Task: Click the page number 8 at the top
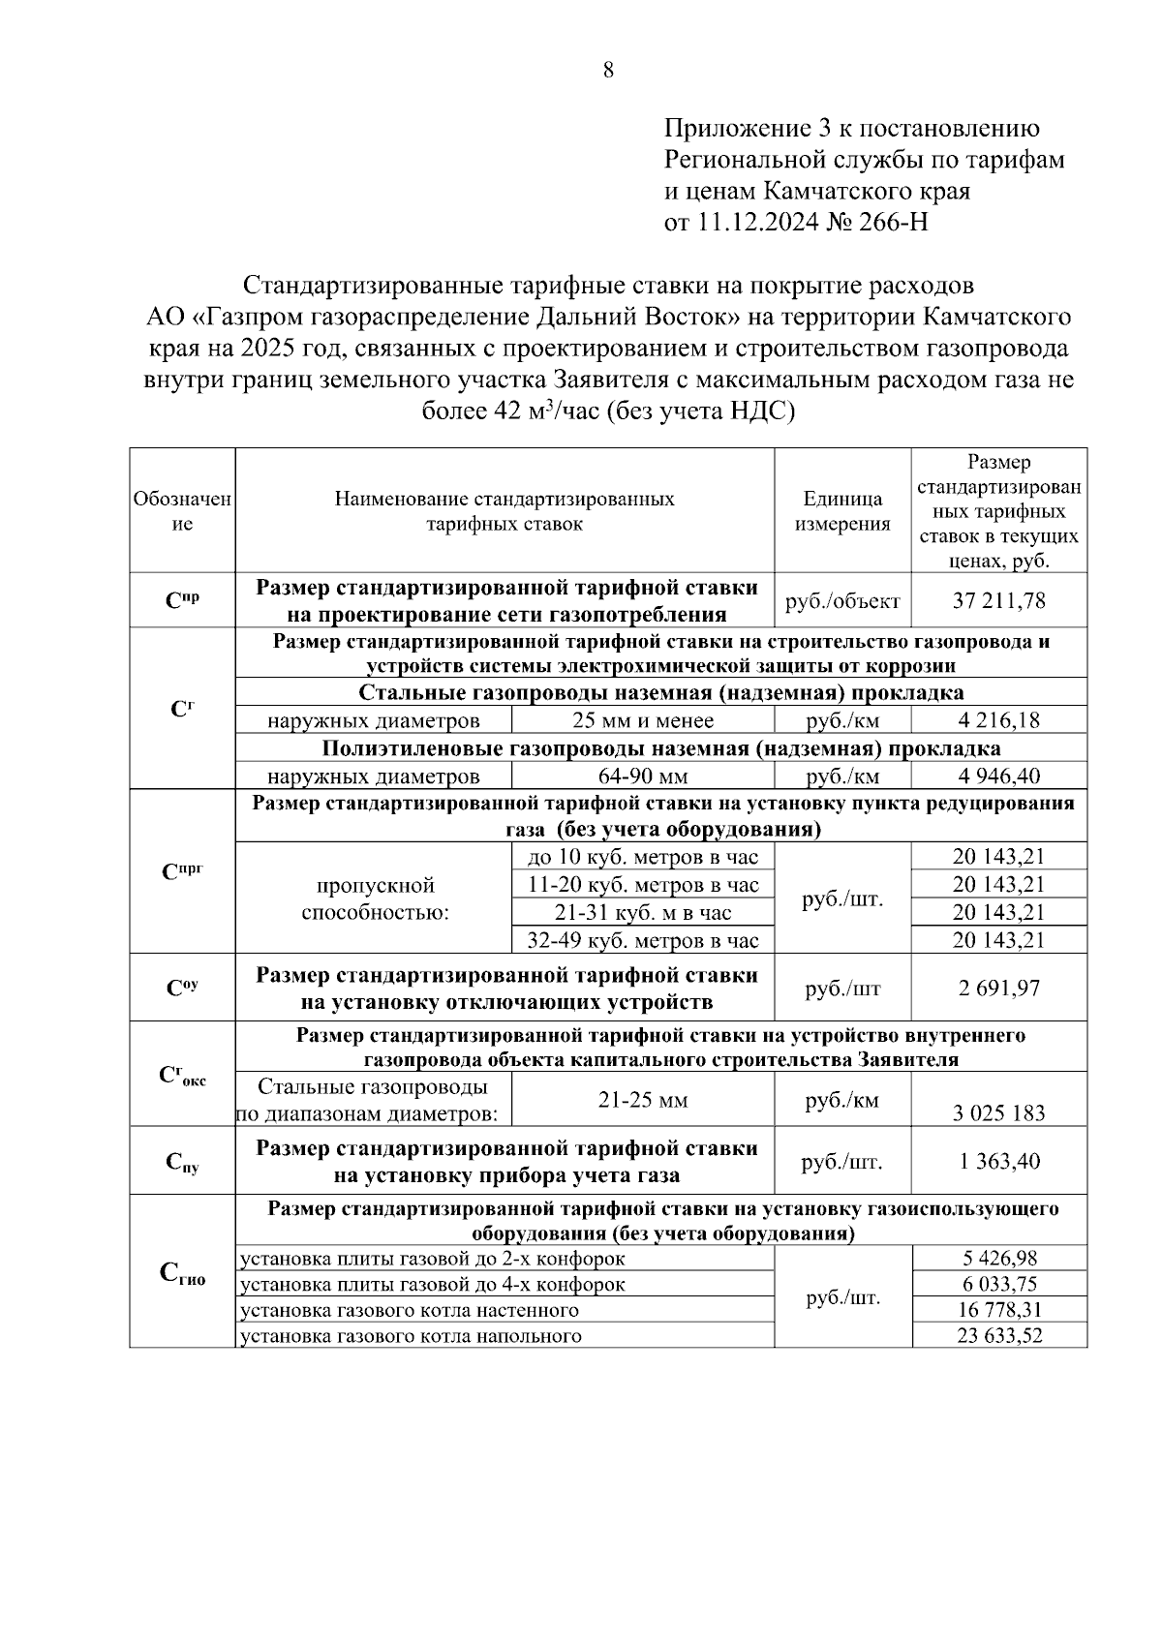(x=608, y=70)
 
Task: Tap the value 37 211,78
(x=998, y=601)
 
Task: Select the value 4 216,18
(x=998, y=721)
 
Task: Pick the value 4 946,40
(x=998, y=776)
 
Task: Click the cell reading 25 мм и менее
(x=642, y=721)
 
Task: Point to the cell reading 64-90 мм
(x=642, y=776)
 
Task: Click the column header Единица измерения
(x=842, y=511)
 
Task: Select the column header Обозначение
(x=182, y=511)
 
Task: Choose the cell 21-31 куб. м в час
(x=642, y=913)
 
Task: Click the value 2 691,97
(x=998, y=989)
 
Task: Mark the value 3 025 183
(x=998, y=1113)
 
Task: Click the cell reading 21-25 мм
(x=642, y=1101)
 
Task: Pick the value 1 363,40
(x=998, y=1162)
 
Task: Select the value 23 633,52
(x=998, y=1337)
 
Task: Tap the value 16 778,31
(x=998, y=1311)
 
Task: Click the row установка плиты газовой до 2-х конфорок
(x=432, y=1260)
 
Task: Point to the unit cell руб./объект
(x=842, y=601)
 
